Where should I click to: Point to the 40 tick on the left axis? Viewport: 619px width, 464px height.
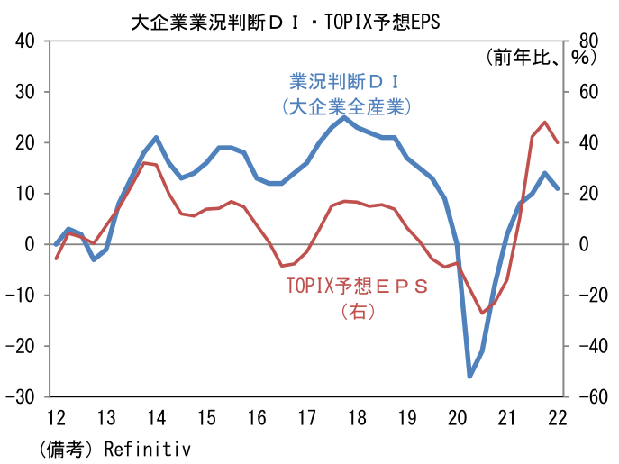(25, 41)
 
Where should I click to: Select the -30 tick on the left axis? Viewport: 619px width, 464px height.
(22, 396)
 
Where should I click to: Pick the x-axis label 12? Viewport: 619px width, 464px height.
(55, 418)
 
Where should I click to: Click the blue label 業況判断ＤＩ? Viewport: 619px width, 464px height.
(344, 82)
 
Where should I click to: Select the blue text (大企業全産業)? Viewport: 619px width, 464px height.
(346, 106)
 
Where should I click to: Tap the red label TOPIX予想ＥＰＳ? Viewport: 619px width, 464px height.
(357, 286)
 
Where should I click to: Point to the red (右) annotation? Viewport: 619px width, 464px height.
(357, 311)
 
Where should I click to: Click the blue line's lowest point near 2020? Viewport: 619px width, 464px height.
(469, 376)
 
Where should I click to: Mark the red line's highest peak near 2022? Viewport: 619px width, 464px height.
(544, 123)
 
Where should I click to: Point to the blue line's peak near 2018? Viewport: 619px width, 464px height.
(344, 117)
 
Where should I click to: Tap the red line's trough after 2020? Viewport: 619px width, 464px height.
(482, 314)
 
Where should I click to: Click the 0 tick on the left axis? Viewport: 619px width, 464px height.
(31, 244)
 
